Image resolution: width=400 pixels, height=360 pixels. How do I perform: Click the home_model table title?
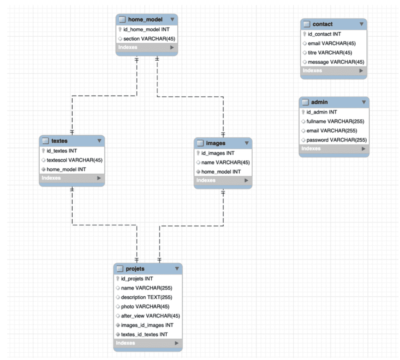tap(145, 20)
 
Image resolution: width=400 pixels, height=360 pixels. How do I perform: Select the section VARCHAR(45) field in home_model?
tap(149, 39)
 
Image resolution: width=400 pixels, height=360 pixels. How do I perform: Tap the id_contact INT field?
tap(324, 34)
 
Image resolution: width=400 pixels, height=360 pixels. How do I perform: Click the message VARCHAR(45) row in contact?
tap(336, 62)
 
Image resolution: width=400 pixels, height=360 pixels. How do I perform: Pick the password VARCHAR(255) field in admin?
tap(336, 140)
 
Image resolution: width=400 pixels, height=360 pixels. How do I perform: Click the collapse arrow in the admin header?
tap(364, 102)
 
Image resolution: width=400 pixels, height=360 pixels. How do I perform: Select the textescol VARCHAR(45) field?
tap(74, 160)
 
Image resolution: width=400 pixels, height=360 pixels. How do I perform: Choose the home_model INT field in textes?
tap(66, 169)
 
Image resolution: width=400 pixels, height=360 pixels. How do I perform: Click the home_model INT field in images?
tap(221, 172)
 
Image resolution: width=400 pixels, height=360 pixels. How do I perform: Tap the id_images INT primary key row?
tap(218, 153)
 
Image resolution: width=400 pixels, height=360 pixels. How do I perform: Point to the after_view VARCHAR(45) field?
tap(150, 316)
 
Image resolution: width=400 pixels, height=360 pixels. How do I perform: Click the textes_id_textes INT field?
tap(144, 334)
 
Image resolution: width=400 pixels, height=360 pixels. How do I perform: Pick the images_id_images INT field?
tap(147, 325)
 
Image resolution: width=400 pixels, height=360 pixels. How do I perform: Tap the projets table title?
tap(135, 269)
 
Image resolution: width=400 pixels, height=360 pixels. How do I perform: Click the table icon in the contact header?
tap(307, 24)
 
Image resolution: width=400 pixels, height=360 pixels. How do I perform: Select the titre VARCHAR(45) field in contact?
tap(330, 53)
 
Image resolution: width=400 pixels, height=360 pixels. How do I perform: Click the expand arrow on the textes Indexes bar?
tap(99, 178)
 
